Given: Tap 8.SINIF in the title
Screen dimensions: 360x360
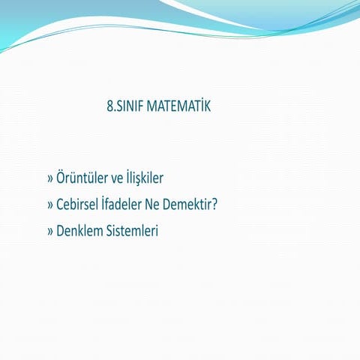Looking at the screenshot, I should click(x=128, y=106).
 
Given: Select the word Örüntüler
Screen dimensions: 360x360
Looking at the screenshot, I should click(x=81, y=179).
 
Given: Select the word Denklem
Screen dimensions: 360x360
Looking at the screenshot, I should click(x=79, y=230).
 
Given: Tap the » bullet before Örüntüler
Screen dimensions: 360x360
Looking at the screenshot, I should click(x=50, y=180).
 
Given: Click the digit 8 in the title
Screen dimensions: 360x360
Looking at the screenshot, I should click(x=111, y=106).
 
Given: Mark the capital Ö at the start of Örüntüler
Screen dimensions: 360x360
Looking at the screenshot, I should click(x=61, y=179).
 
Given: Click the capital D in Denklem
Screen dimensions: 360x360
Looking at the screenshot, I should click(x=61, y=230).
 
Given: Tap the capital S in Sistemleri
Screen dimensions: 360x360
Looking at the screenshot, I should click(x=108, y=230).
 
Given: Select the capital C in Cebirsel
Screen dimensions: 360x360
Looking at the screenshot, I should click(x=60, y=205).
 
